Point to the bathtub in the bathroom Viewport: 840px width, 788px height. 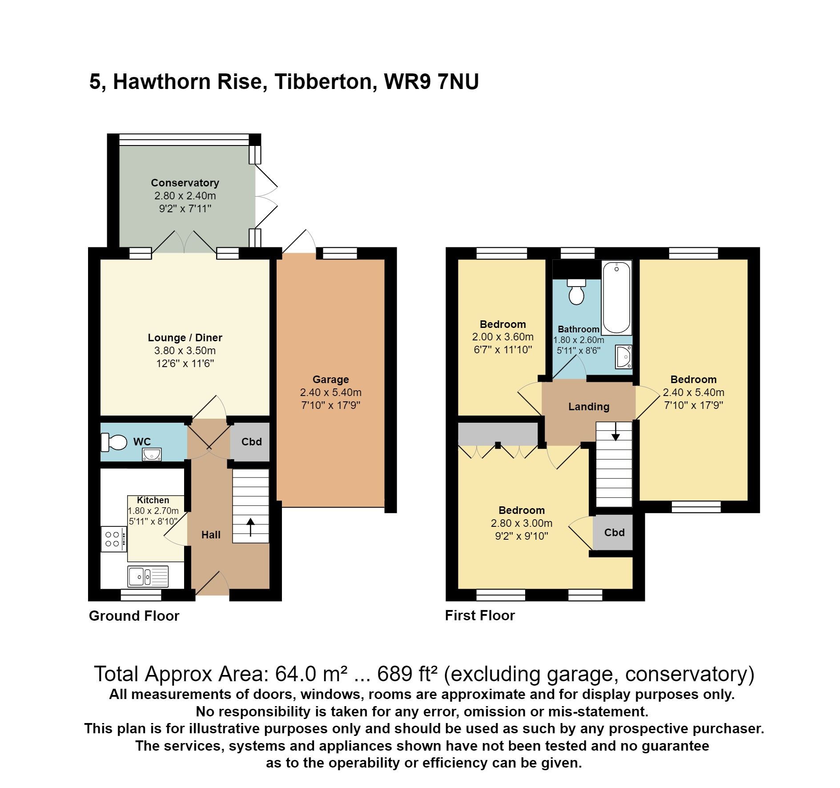[x=616, y=298]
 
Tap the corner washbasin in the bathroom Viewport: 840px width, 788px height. [x=623, y=356]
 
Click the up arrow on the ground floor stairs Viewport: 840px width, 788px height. [x=250, y=527]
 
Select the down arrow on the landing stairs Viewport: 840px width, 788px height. [x=615, y=432]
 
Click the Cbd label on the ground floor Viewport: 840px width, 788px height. [x=251, y=442]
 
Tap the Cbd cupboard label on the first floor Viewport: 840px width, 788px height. [x=614, y=533]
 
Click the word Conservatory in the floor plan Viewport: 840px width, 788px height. [x=185, y=183]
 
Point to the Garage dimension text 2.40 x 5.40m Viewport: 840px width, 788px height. [x=330, y=392]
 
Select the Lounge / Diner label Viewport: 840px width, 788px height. [x=185, y=338]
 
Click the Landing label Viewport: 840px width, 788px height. [x=588, y=406]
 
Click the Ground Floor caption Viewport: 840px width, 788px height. [x=134, y=616]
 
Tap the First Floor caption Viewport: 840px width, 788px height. [x=480, y=615]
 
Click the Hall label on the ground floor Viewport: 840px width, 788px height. [x=211, y=535]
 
